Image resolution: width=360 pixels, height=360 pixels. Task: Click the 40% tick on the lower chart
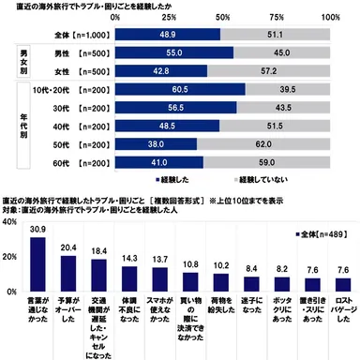click(8, 222)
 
